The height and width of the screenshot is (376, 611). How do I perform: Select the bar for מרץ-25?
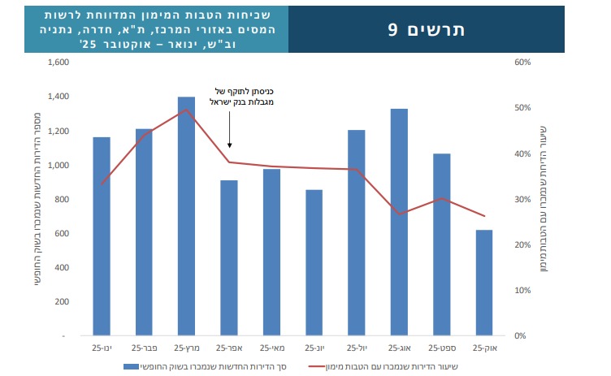click(186, 215)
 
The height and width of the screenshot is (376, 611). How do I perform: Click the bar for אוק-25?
click(484, 283)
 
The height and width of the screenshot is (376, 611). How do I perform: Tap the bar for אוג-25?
click(399, 221)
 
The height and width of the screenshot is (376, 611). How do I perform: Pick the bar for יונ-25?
click(314, 261)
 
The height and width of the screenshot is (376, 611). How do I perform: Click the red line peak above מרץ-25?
click(186, 110)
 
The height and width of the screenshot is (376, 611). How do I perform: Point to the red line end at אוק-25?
click(484, 216)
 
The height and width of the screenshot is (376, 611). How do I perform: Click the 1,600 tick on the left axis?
click(56, 63)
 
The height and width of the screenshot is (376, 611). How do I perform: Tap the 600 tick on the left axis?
click(59, 233)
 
